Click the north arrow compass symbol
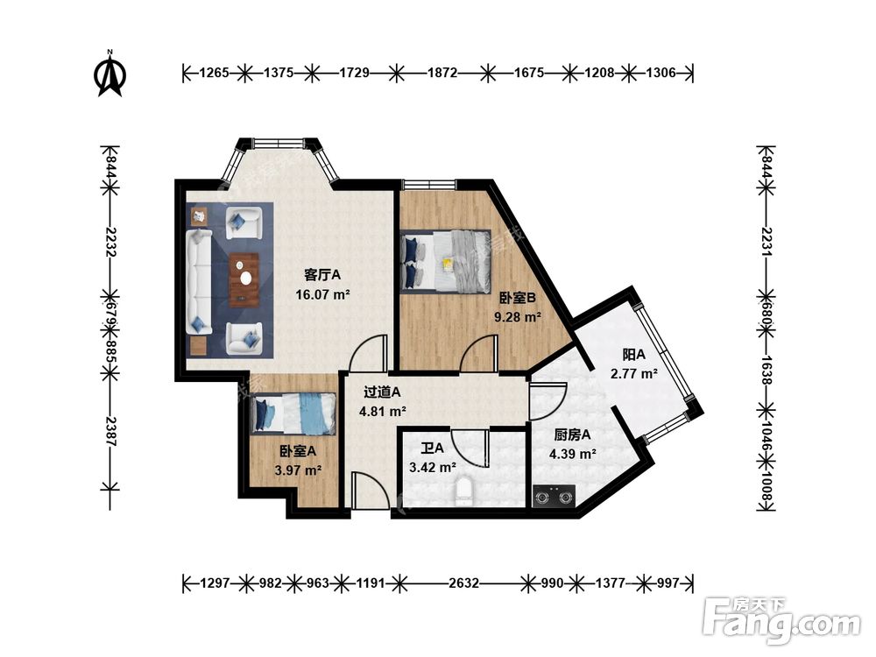110,74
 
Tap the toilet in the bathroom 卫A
463,491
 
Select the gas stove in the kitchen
554,496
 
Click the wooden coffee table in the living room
244,280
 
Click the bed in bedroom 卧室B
446,261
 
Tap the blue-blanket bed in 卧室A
293,414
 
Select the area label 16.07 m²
322,294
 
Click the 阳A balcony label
633,354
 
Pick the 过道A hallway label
382,392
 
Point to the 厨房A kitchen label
572,434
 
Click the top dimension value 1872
442,73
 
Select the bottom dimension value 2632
463,583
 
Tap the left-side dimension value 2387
110,431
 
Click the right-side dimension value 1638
766,370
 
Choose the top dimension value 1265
214,73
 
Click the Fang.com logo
781,621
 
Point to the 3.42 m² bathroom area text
433,467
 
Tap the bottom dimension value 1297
215,583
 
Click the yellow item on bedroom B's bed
447,263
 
